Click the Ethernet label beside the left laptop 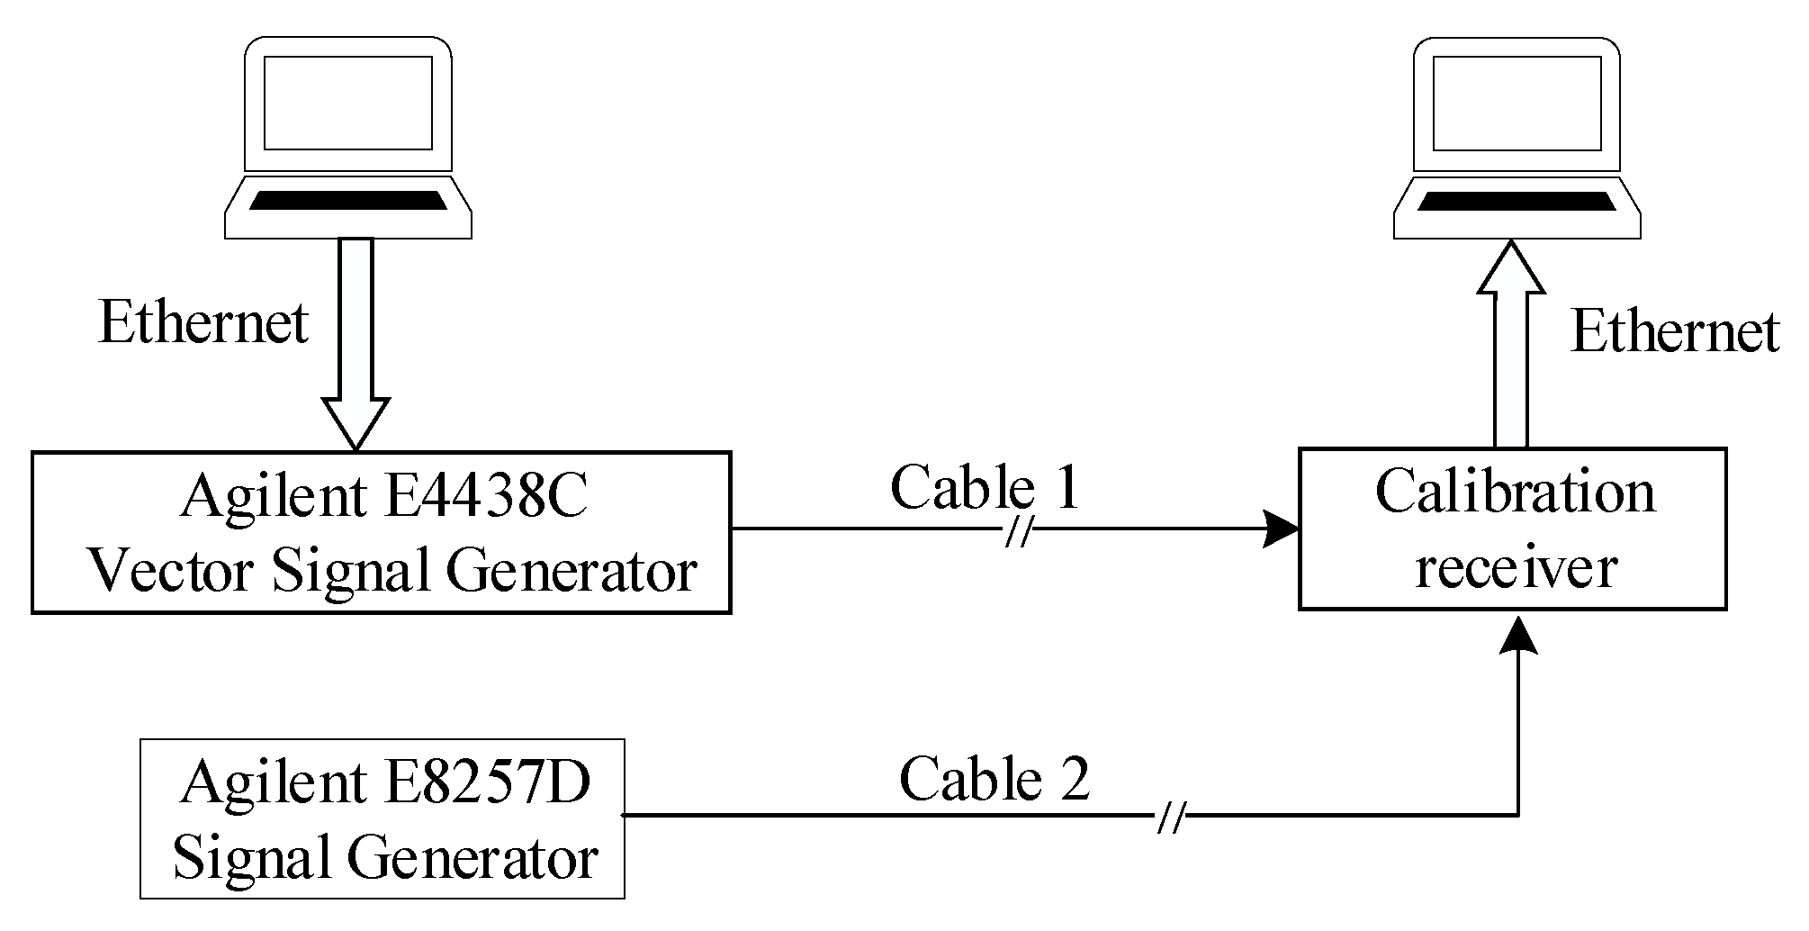pos(203,323)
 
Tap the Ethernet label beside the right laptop pos(1675,331)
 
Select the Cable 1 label pos(985,488)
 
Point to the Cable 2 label pos(994,779)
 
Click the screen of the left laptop pos(347,103)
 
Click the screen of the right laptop pos(1516,103)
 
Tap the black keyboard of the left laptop pos(347,200)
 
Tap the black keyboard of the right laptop pos(1516,201)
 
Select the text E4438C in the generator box pos(485,495)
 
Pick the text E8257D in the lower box pos(487,782)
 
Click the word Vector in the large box pos(170,571)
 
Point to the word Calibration pos(1515,493)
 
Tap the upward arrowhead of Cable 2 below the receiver pos(1519,635)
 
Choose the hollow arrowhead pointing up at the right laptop pos(1510,268)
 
